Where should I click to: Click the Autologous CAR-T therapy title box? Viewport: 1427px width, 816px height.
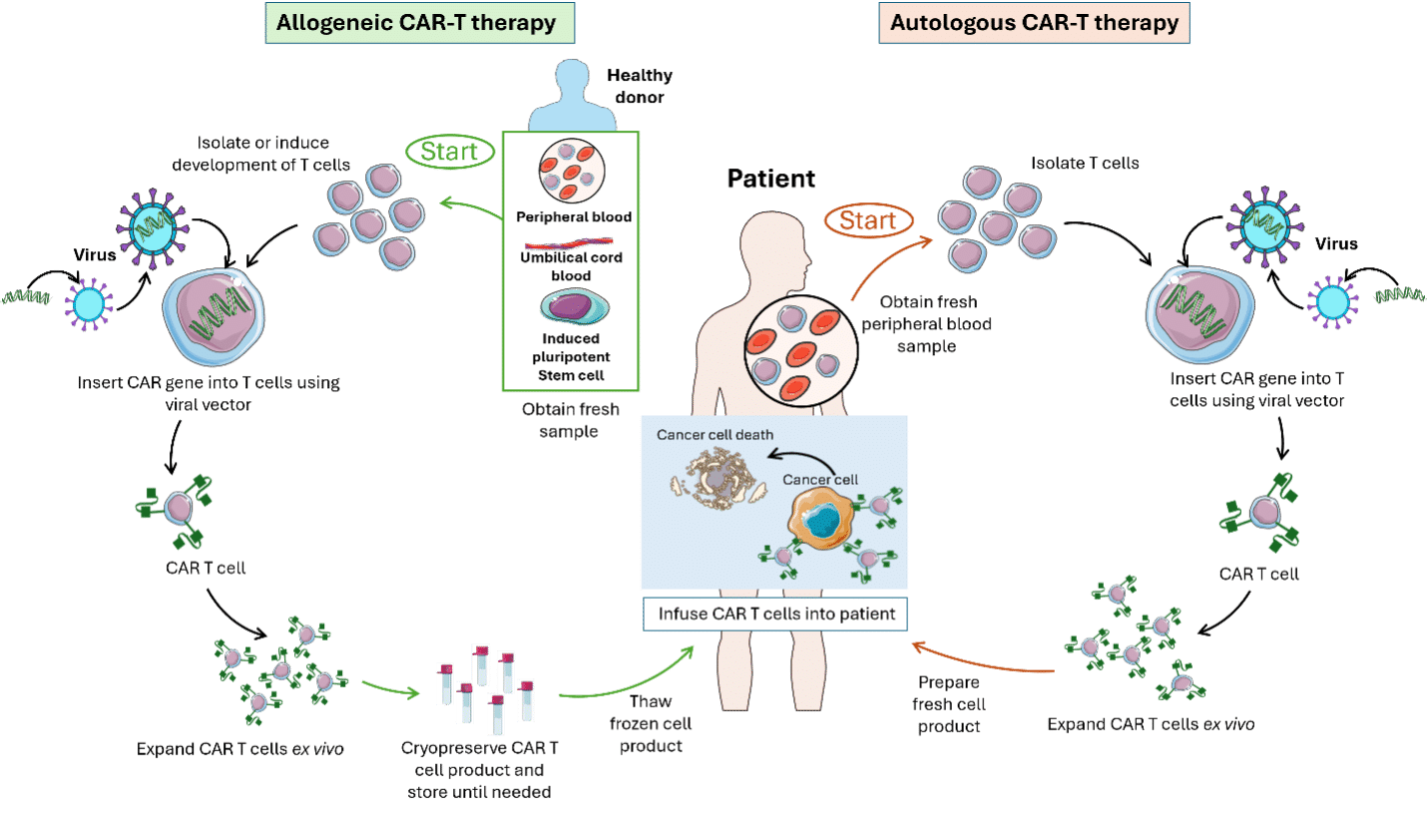1035,23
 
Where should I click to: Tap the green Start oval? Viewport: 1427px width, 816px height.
449,153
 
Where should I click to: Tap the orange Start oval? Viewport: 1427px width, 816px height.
868,219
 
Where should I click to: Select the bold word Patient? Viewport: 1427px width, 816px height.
770,180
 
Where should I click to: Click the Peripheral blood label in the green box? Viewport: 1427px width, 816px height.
574,216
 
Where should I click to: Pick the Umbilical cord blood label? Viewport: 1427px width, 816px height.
572,266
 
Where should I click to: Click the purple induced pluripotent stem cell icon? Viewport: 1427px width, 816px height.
573,307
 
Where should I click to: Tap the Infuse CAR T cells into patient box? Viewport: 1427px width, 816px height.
776,613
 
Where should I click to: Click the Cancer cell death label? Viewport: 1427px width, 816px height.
714,436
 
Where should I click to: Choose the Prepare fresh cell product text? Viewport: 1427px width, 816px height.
949,703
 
